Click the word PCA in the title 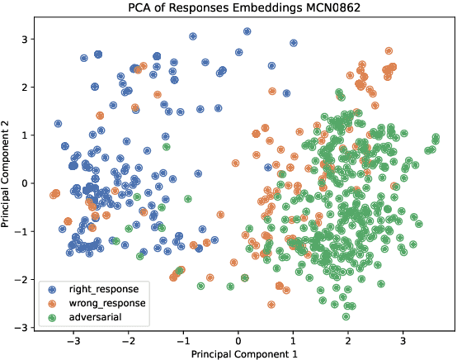click(x=141, y=9)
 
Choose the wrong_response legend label click(x=106, y=303)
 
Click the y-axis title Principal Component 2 click(x=7, y=182)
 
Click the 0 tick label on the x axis click(x=238, y=339)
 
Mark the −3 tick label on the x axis click(x=73, y=339)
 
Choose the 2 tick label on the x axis click(x=348, y=339)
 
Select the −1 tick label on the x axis click(x=182, y=339)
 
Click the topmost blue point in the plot click(x=247, y=31)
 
